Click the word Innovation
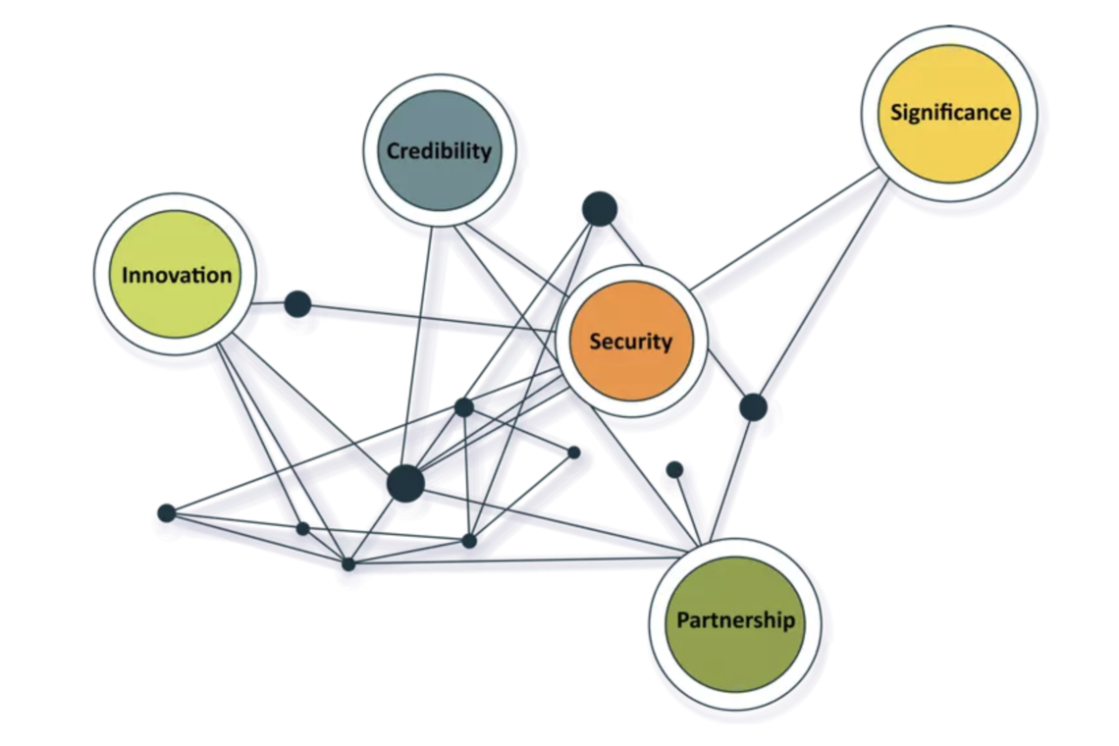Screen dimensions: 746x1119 [177, 275]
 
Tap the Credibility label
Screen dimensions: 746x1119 [438, 151]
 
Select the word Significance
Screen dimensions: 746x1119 [949, 112]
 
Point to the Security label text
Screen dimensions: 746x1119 [630, 342]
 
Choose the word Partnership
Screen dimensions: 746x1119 [735, 621]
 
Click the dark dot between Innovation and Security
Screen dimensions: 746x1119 [297, 304]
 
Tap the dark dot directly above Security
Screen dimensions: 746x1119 [600, 209]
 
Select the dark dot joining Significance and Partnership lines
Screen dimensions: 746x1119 [753, 406]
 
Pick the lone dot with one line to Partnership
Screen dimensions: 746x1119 [674, 469]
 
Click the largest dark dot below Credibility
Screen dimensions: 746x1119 [405, 484]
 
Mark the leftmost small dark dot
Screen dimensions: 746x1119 [167, 512]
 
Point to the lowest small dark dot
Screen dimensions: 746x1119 [348, 563]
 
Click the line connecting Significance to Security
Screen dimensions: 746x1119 [785, 229]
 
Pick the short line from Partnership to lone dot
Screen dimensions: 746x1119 [687, 506]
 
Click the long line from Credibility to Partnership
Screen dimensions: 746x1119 [589, 393]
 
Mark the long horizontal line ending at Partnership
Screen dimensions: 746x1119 [520, 560]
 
